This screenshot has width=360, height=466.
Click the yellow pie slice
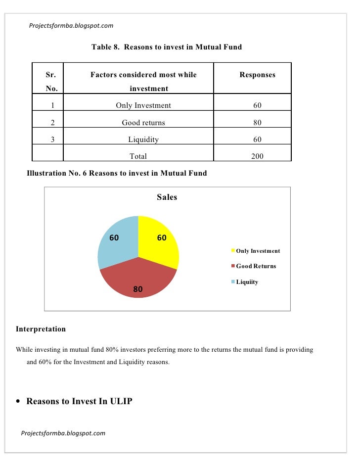click(157, 245)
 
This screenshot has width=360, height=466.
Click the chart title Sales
click(167, 197)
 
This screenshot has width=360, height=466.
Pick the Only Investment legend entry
click(258, 251)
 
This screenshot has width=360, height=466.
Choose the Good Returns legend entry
click(256, 266)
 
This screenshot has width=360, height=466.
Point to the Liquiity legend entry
click(247, 282)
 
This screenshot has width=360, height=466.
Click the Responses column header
click(257, 75)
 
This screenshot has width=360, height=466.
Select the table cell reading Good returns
click(143, 123)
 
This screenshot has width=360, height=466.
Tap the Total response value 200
click(257, 156)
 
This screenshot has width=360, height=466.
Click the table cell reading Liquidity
click(143, 140)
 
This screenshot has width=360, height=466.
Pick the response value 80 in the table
click(257, 123)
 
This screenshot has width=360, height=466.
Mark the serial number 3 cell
click(52, 140)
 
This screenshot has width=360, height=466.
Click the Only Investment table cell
click(143, 105)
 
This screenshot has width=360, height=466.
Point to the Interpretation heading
click(41, 329)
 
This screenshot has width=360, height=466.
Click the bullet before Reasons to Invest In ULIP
click(19, 402)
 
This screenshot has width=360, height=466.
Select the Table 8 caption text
click(167, 47)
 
